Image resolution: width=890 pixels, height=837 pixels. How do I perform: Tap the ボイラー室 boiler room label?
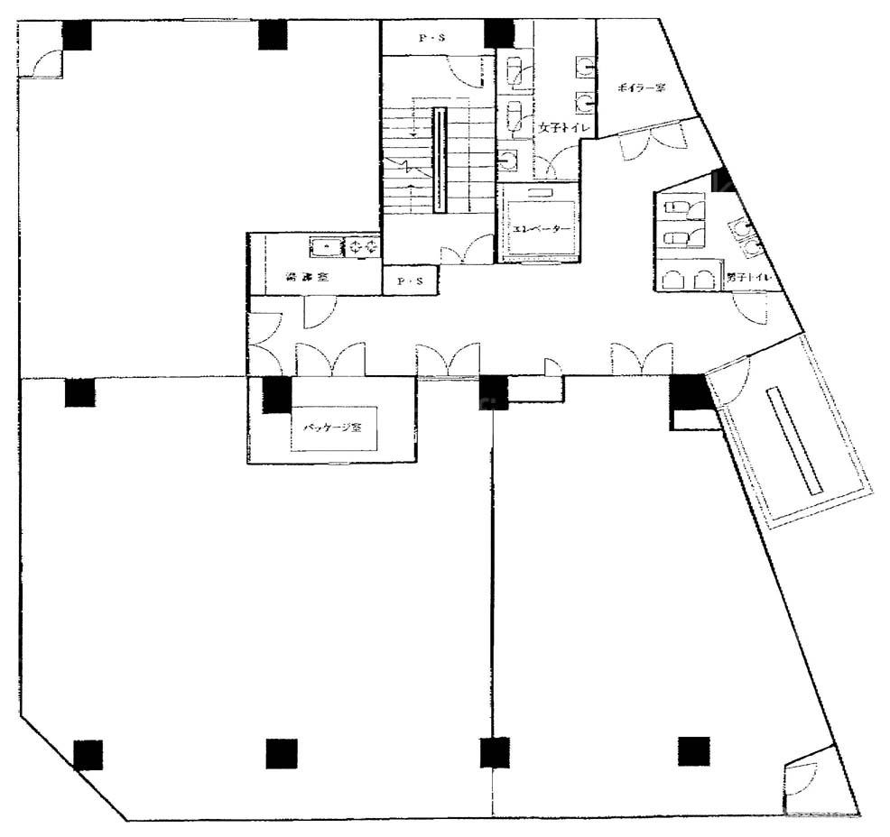coord(641,88)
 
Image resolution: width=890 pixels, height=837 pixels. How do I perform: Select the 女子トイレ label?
coord(564,129)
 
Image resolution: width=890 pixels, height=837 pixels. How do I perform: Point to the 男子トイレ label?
coord(748,279)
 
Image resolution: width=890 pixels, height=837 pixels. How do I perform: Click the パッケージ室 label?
coord(333,427)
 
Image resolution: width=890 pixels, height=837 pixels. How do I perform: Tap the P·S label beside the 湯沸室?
coord(410,282)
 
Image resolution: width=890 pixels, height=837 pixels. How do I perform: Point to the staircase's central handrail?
coord(440,160)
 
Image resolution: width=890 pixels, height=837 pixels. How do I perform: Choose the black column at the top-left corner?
coord(77,34)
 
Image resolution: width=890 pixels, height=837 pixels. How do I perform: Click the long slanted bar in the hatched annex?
coord(794,440)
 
